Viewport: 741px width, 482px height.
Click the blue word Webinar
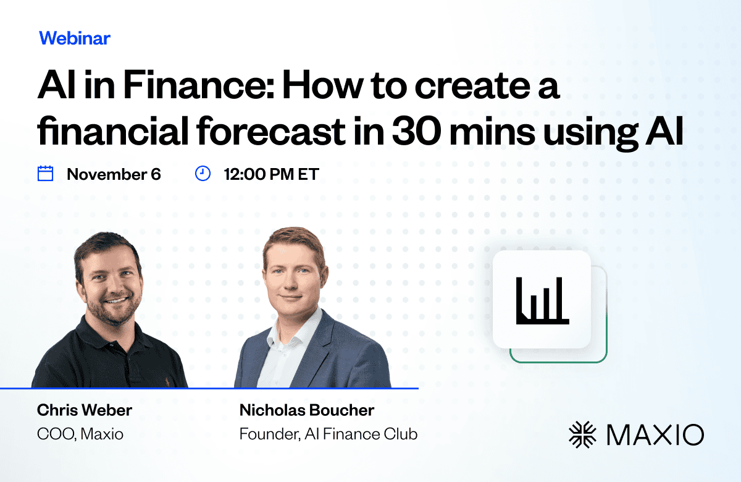pos(75,38)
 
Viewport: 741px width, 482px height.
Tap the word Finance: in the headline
pos(198,85)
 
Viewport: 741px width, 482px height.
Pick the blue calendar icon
pos(45,174)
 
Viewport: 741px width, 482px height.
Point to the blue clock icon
pos(203,174)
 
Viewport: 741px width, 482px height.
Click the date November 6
pos(114,174)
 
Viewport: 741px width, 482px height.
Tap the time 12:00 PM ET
pos(271,174)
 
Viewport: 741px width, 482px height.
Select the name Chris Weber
pos(85,410)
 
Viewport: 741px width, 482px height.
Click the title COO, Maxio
pos(80,434)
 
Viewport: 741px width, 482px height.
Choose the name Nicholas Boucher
pos(307,410)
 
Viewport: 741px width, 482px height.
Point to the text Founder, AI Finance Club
pos(328,434)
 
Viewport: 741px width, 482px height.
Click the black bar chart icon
pos(543,300)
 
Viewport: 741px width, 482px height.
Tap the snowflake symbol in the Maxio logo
pos(582,434)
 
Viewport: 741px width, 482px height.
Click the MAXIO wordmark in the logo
pos(655,434)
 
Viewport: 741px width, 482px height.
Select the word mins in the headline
pos(492,131)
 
